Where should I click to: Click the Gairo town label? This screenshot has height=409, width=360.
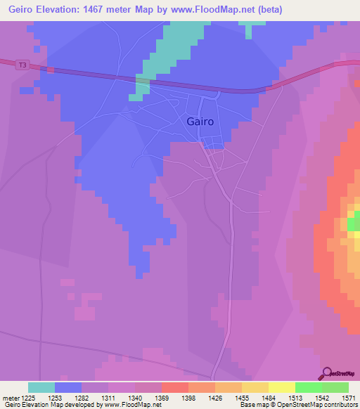pyautogui.click(x=200, y=121)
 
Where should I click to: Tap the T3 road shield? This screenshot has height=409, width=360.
pyautogui.click(x=23, y=65)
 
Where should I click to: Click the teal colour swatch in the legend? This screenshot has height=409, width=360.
pyautogui.click(x=41, y=387)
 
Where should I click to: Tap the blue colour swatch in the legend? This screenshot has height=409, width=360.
pyautogui.click(x=68, y=387)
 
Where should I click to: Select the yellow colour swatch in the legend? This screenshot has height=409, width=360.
pyautogui.click(x=281, y=387)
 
